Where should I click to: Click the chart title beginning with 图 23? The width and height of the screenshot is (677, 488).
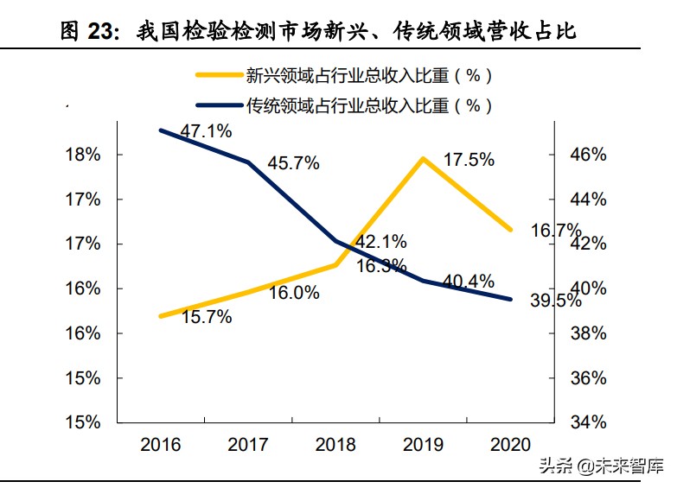318,32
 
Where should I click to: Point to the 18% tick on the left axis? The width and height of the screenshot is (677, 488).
83,155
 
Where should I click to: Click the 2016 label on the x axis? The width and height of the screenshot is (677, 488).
161,445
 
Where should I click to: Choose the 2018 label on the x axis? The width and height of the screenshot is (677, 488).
335,445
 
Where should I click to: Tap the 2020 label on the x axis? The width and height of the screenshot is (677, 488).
510,445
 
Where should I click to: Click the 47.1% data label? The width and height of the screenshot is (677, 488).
206,131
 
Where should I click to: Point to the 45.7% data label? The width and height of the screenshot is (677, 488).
293,162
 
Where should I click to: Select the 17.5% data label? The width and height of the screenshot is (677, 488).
469,160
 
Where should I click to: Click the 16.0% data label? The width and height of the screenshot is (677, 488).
293,293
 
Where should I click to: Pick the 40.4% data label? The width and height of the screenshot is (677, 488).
468,282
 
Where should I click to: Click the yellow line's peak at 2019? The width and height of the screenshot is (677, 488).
423,158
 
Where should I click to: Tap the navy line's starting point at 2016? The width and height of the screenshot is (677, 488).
161,130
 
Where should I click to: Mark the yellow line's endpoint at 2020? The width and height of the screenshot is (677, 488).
510,230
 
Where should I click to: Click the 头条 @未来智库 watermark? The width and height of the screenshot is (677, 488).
602,466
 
